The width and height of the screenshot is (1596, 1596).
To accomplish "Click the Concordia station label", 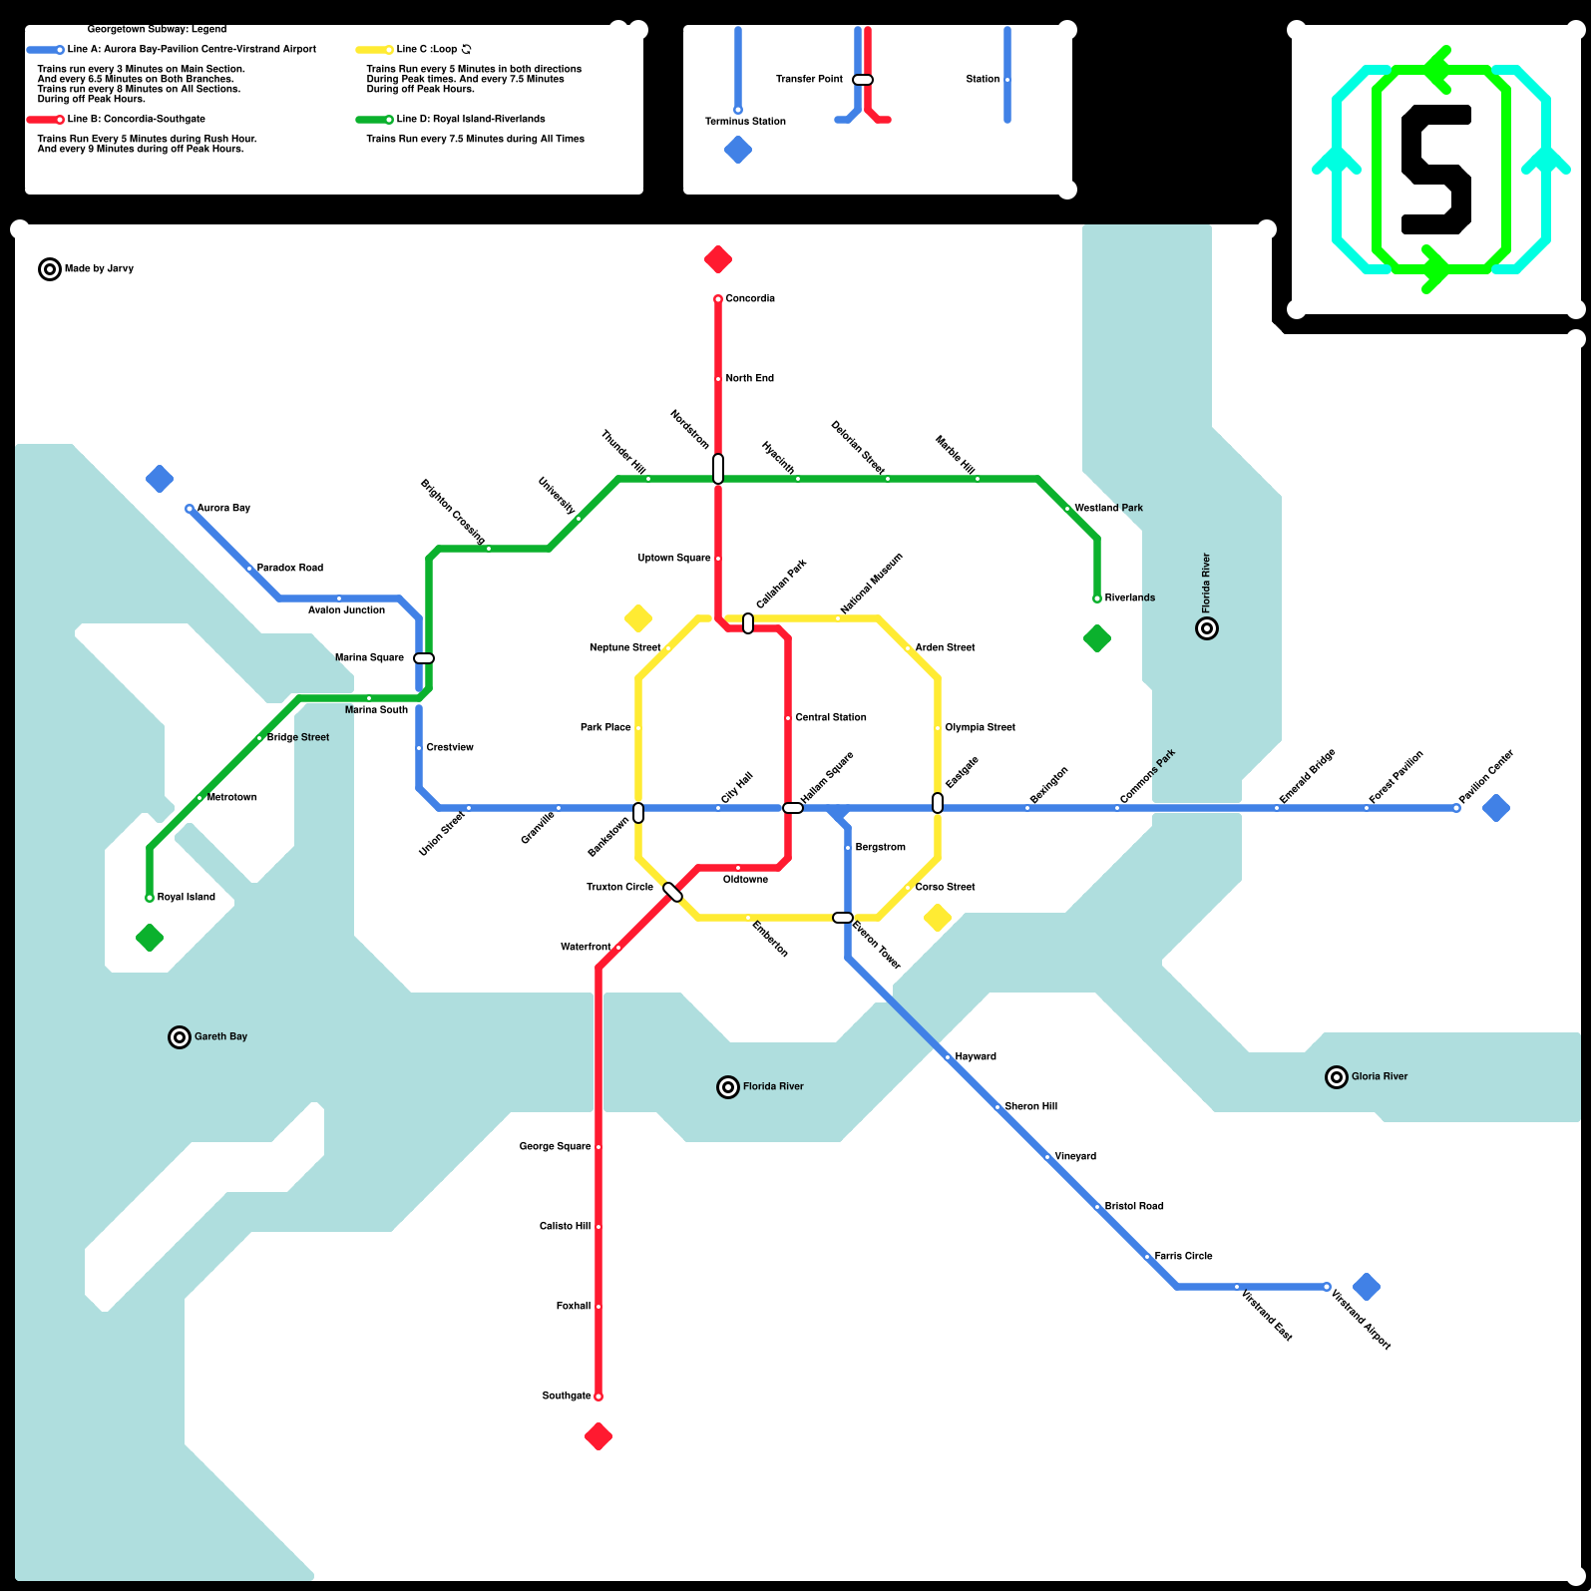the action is tap(750, 299).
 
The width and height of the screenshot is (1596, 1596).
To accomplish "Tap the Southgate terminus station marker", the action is tap(598, 1396).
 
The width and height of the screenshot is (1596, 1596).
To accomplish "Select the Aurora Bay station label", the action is tap(223, 509).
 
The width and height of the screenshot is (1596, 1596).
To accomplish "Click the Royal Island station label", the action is tap(187, 898).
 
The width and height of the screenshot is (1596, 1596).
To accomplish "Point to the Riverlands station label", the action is tap(1130, 598).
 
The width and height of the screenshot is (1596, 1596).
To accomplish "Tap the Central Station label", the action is tap(831, 718).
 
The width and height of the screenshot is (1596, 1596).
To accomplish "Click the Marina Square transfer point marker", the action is tap(424, 658).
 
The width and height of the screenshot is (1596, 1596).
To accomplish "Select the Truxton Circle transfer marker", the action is tap(673, 892).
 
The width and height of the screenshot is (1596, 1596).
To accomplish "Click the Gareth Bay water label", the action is tap(220, 1037).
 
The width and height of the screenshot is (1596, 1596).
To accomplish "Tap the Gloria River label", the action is tap(1380, 1077).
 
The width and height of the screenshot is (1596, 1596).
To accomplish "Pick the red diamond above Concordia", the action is tap(718, 259).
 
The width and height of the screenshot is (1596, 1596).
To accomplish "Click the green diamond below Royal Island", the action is tap(150, 938).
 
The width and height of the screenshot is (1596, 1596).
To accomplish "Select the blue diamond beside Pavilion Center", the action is tap(1496, 808).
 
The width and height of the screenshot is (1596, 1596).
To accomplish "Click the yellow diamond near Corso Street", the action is tap(938, 918).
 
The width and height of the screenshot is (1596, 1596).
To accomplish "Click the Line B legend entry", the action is tap(137, 120).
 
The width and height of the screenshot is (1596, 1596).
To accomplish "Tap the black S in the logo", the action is tap(1436, 170).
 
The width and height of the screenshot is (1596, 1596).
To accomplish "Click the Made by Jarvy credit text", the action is tap(99, 269).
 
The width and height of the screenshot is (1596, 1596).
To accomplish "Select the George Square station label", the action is tap(555, 1147).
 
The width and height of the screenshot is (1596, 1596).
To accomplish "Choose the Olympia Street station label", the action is tap(980, 728).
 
